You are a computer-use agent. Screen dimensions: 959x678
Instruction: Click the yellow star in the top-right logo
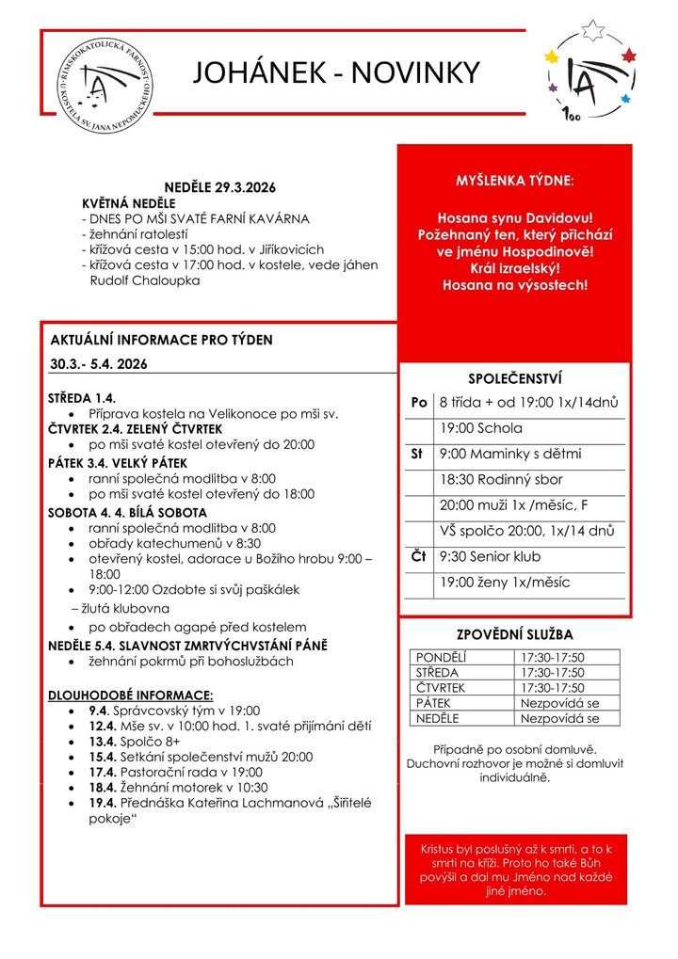point(552,57)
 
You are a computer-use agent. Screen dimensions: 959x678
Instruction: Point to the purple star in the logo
point(553,88)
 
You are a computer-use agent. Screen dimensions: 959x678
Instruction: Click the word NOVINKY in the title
point(415,72)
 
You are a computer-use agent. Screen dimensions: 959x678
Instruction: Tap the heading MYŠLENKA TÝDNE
point(514,180)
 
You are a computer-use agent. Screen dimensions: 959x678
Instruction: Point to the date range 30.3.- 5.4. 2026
point(100,363)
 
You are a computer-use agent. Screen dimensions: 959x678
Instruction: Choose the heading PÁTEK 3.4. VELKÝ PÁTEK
point(118,463)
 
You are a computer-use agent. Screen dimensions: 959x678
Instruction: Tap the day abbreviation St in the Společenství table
point(417,455)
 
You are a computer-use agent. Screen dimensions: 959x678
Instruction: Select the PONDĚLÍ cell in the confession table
point(441,657)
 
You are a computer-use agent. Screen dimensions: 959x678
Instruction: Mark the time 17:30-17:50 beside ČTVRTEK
point(551,688)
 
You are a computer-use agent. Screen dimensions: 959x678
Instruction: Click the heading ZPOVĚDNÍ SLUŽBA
point(514,635)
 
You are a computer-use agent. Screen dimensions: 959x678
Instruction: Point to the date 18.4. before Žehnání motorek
point(102,787)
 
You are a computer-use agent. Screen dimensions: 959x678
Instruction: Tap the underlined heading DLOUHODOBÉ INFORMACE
point(131,695)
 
